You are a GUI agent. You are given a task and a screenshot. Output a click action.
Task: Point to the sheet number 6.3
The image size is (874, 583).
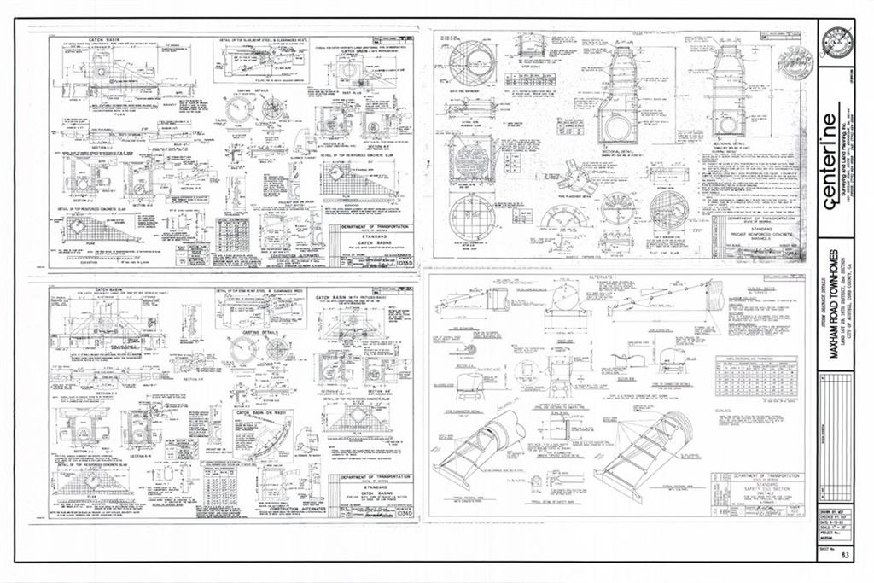coord(846,554)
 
